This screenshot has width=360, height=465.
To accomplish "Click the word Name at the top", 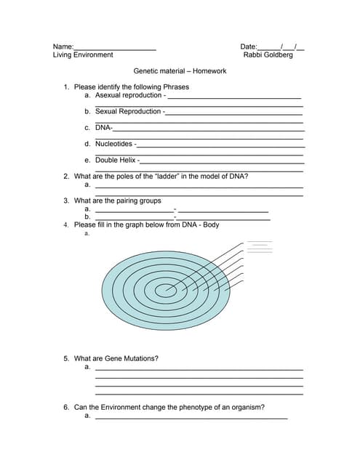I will point(63,46).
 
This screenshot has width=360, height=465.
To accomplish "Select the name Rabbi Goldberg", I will point(268,55).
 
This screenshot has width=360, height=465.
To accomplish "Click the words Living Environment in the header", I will point(83,55).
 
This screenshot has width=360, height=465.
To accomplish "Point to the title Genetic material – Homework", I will point(180,71).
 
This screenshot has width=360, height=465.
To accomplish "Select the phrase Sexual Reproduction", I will point(128,111).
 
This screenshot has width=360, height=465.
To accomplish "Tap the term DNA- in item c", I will point(103,128).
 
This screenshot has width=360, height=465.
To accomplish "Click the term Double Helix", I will point(116,160).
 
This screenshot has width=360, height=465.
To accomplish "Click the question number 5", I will point(66,359).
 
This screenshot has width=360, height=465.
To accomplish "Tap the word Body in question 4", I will point(210,225).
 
